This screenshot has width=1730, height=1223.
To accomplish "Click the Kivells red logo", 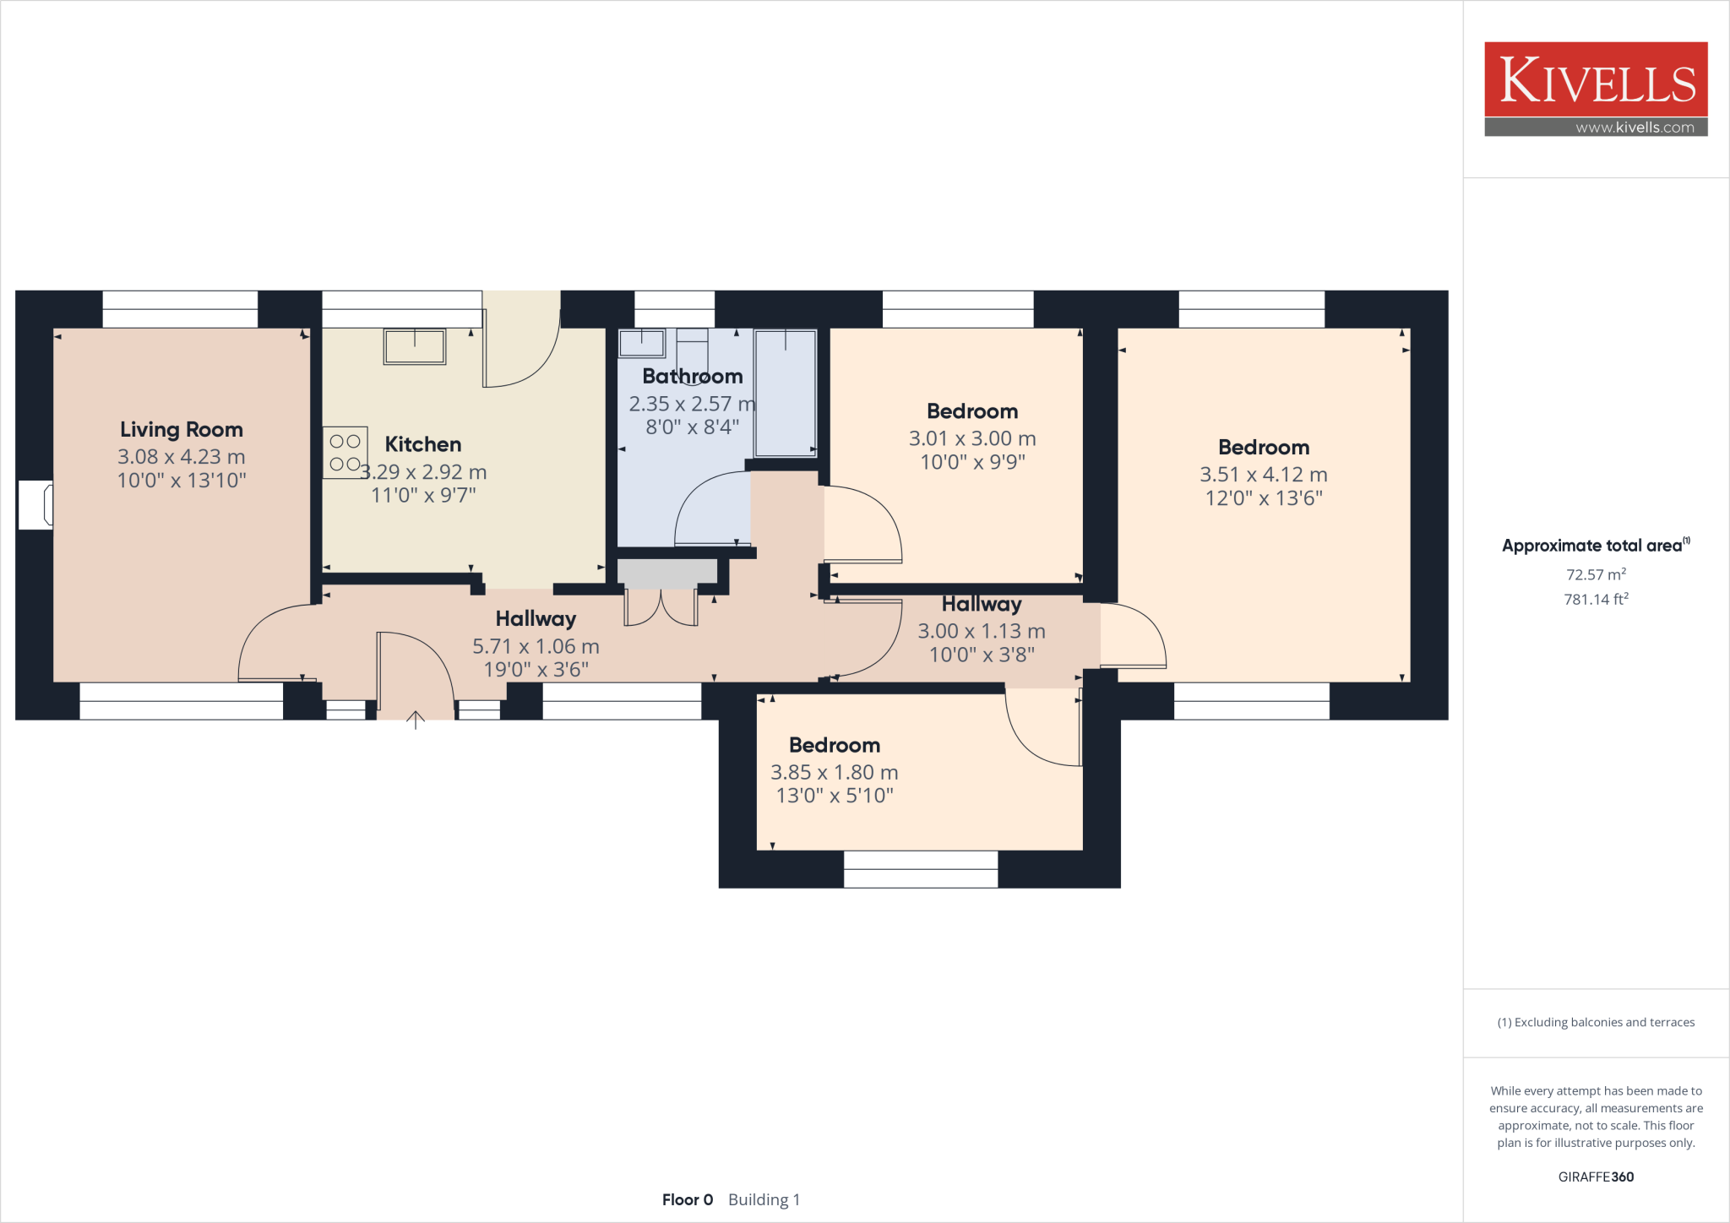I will (1596, 79).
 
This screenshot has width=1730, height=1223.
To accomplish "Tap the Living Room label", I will (182, 430).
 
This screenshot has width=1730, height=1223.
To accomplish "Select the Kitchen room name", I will (423, 444).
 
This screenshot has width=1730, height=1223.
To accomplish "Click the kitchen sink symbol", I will (415, 346).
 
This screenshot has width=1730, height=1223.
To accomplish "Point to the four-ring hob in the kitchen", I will (345, 453).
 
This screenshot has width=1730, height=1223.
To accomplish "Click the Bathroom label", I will (692, 376).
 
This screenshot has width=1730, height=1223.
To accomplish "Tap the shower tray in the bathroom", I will (785, 392).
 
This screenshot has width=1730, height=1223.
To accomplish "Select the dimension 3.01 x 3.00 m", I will (972, 438).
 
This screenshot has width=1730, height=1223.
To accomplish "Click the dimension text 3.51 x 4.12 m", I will (1264, 475).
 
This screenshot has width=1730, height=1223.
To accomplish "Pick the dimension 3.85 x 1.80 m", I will (834, 772).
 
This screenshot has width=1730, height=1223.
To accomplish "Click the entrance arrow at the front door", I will (416, 720).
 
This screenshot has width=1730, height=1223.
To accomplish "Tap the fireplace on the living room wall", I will (36, 505).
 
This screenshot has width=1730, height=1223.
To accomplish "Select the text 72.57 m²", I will (1596, 574).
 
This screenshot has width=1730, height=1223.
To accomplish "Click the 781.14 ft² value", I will (1596, 599).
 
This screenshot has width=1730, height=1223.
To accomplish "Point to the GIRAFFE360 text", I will (1596, 1177).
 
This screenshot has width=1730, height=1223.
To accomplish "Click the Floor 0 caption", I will (688, 1199).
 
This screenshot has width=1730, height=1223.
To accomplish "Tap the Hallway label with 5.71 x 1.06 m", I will (536, 619).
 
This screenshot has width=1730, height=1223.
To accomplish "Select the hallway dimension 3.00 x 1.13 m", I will (982, 631).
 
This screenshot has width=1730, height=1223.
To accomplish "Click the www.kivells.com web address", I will (1635, 128).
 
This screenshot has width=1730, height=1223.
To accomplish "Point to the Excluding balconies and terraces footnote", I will (1596, 1022).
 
